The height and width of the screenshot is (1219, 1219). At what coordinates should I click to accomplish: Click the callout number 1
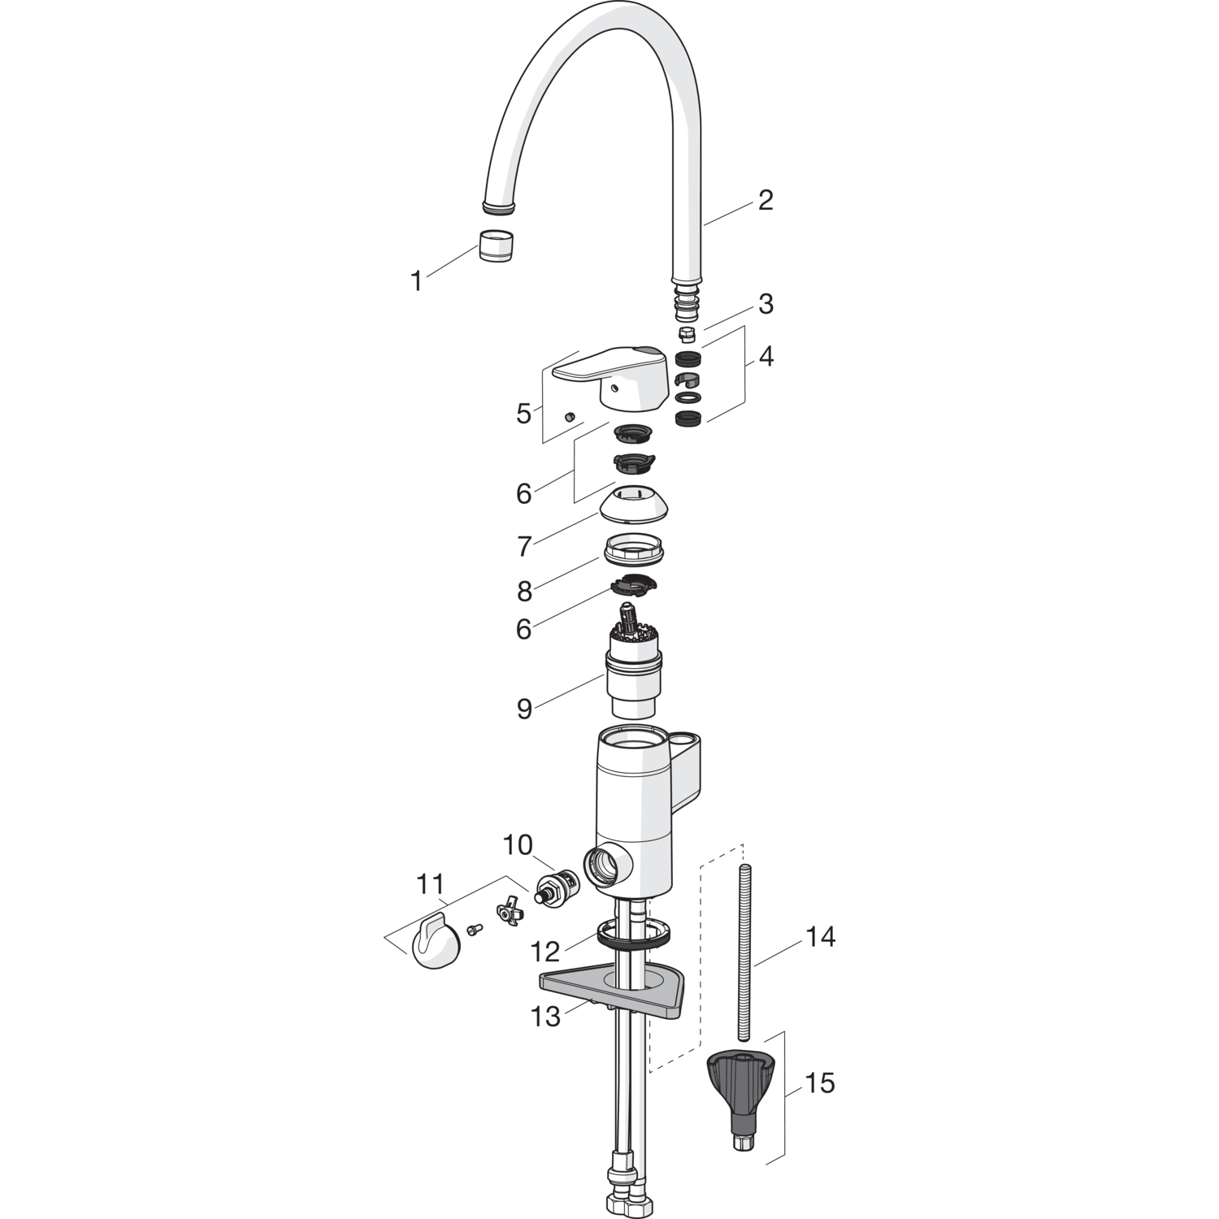click(x=417, y=281)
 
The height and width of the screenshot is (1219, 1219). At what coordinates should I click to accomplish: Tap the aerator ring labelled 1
click(x=496, y=246)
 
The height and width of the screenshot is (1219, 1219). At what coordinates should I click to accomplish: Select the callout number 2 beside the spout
click(x=765, y=200)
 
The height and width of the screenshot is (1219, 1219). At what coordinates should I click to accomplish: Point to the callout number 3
click(x=765, y=305)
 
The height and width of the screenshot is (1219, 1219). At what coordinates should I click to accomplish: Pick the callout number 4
click(x=765, y=356)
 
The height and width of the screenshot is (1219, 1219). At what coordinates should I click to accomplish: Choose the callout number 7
click(x=524, y=547)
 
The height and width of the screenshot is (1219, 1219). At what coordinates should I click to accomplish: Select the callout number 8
click(x=524, y=592)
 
